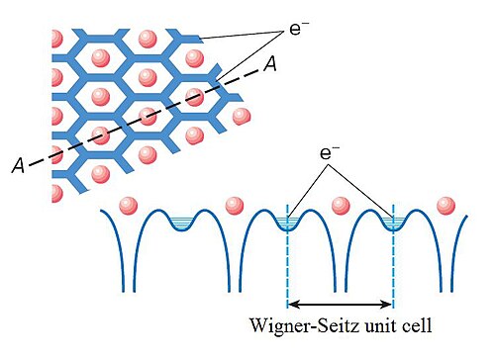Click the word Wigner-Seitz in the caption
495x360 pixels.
pyautogui.click(x=305, y=325)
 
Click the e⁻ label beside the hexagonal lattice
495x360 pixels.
pyautogui.click(x=295, y=29)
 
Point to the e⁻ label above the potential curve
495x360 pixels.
pyautogui.click(x=326, y=153)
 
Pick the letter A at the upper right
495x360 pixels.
pyautogui.click(x=269, y=64)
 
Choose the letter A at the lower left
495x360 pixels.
pyautogui.click(x=19, y=165)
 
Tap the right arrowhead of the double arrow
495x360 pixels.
pyautogui.click(x=387, y=304)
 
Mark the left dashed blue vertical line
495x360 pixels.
pyautogui.click(x=288, y=255)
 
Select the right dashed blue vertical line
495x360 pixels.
pyautogui.click(x=393, y=255)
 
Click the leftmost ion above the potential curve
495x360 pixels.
pyautogui.click(x=129, y=206)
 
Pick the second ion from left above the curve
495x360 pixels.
pyautogui.click(x=235, y=206)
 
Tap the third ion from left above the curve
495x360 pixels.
pyautogui.click(x=341, y=206)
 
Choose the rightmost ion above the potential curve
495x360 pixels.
pyautogui.click(x=445, y=206)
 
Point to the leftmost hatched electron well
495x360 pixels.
pyautogui.click(x=180, y=223)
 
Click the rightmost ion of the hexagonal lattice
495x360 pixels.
pyautogui.click(x=242, y=116)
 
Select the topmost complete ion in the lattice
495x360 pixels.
pyautogui.click(x=148, y=39)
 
